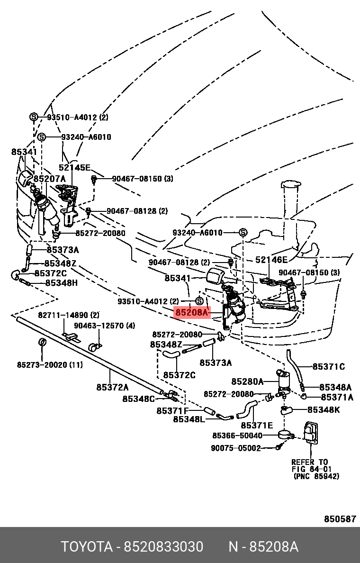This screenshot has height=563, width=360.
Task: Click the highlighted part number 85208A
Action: point(192,313)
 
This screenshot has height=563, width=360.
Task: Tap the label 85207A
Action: point(50,179)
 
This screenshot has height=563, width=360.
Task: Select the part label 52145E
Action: point(75,167)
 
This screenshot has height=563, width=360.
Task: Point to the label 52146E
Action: point(271,260)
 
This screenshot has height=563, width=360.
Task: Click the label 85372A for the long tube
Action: point(112,387)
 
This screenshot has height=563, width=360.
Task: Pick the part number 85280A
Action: point(247,381)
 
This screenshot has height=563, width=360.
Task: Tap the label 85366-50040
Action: point(237,436)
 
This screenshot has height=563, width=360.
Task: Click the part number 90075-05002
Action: point(235,448)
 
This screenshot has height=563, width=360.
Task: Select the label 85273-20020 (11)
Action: point(50,365)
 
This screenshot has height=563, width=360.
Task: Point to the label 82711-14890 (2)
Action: point(69,315)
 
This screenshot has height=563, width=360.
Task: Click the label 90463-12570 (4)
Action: point(104,326)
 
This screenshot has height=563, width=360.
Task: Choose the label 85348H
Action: point(62,283)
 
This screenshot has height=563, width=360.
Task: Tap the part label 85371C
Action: point(328,367)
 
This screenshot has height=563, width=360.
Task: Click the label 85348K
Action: point(324,409)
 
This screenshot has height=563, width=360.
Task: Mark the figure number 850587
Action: point(340,519)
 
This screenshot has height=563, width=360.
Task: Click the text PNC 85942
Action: point(316,476)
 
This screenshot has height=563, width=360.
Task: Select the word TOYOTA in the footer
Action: point(87,547)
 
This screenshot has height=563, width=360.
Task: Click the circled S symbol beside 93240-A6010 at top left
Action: point(41,137)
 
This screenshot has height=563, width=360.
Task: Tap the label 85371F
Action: point(172,410)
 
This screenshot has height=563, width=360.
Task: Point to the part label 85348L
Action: point(189,419)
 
